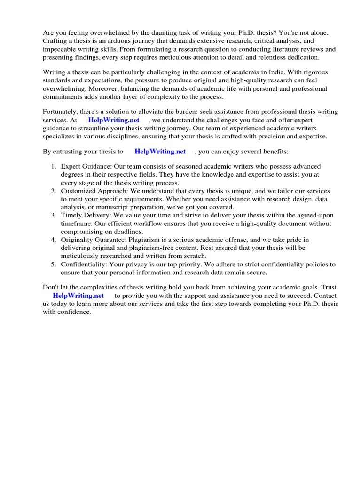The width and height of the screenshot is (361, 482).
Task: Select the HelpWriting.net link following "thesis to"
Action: click(160, 152)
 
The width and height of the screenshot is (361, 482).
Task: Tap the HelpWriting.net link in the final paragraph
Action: click(78, 296)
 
